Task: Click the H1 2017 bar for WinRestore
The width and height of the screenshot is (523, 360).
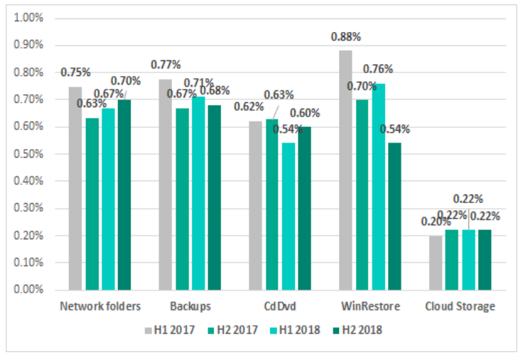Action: (345, 170)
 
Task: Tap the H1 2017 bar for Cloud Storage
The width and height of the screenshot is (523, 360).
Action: (436, 263)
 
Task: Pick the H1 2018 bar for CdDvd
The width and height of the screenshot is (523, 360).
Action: (289, 217)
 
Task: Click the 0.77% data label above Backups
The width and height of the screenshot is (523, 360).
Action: (165, 65)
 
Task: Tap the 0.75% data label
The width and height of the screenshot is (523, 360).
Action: (75, 72)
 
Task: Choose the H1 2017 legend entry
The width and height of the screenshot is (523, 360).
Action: (168, 330)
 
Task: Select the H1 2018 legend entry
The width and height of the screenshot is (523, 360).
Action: (296, 330)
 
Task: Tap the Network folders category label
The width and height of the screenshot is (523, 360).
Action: (100, 307)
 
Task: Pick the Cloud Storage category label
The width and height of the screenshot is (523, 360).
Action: (459, 307)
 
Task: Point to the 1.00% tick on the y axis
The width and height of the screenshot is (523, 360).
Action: (29, 17)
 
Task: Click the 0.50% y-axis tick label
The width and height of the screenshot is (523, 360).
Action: (29, 153)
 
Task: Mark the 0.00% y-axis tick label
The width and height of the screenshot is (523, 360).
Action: (29, 290)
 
